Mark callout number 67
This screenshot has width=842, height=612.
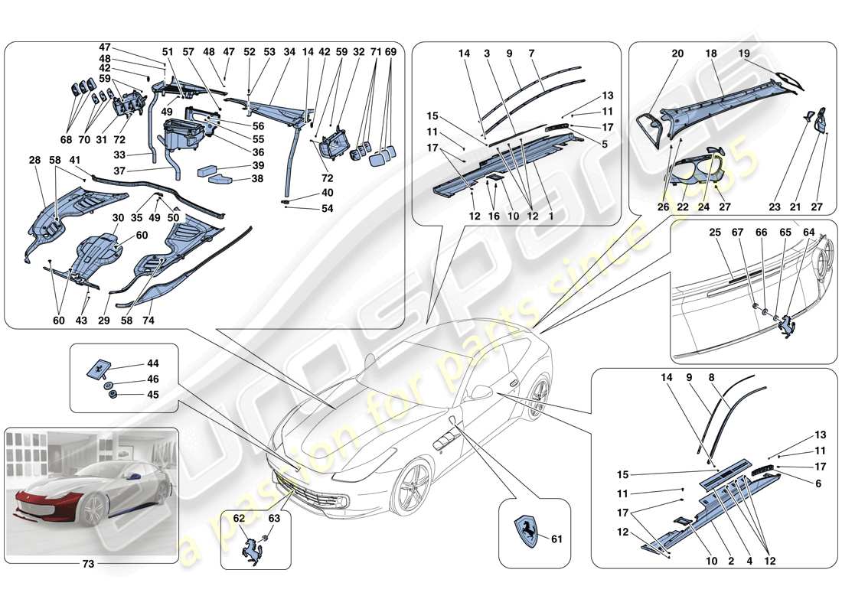click(x=737, y=233)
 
